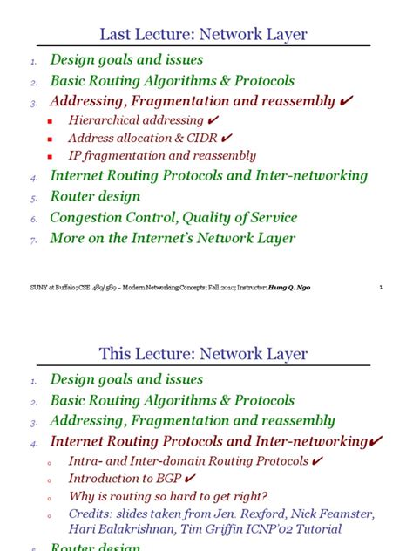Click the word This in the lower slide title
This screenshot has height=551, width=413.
coord(115,354)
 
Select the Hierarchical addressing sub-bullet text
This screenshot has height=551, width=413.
coord(136,119)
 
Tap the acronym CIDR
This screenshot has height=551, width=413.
coord(201,138)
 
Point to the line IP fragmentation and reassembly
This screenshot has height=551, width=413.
coord(162,156)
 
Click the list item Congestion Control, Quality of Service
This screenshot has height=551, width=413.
coord(173,217)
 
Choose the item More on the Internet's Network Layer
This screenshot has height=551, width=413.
coord(173,238)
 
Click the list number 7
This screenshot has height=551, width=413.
coord(33,240)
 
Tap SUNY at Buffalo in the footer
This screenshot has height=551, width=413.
coord(41,287)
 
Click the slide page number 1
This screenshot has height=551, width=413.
coord(383,287)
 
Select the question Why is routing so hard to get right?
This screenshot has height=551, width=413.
coord(167,495)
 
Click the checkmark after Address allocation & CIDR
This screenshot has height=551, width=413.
coord(227,137)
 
